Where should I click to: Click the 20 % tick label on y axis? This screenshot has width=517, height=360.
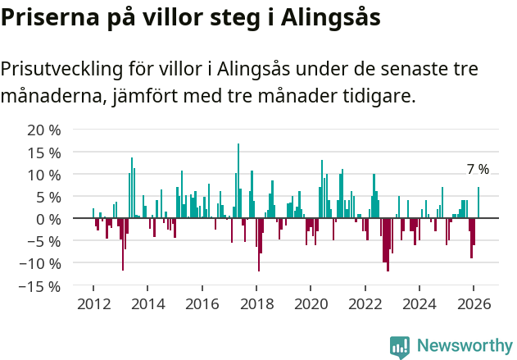(44, 130)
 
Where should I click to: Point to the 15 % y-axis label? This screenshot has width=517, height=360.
(44, 153)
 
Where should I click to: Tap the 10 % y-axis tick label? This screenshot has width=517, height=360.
(44, 175)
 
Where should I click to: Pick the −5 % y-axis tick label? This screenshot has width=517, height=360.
(44, 241)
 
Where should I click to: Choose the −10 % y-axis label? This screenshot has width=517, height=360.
(40, 263)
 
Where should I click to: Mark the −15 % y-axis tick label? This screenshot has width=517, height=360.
(40, 286)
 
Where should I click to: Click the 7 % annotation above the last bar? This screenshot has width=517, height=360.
(478, 170)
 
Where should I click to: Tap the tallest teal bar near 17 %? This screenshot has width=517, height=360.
(238, 180)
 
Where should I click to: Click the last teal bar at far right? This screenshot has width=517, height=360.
(478, 203)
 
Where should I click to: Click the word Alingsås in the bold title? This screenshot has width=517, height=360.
(331, 18)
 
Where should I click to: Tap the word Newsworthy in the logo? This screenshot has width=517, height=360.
(465, 346)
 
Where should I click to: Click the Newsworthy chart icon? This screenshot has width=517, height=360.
(400, 347)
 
